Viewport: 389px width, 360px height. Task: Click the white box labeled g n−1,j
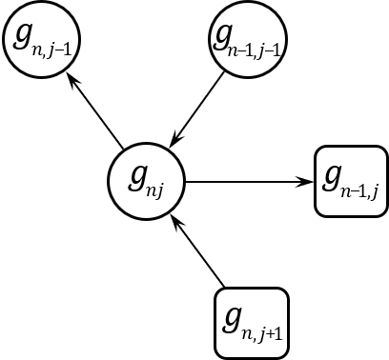[x=351, y=181]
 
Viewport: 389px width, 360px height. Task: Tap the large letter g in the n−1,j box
[x=333, y=177]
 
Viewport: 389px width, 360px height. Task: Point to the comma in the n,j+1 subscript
[x=254, y=337]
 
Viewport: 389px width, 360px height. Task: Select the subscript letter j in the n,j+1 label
[x=260, y=334]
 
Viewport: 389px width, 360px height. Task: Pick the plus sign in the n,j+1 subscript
[x=268, y=333]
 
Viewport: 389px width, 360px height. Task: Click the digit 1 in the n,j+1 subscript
[x=276, y=332]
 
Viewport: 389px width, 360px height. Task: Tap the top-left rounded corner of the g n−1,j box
[x=321, y=152]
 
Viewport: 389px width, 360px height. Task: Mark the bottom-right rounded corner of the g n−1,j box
[x=381, y=210]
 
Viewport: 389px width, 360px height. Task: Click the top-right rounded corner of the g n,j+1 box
[x=282, y=294]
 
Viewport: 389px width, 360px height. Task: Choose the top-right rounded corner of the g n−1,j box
[x=381, y=152]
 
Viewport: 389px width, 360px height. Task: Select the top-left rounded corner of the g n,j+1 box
[x=222, y=294]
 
